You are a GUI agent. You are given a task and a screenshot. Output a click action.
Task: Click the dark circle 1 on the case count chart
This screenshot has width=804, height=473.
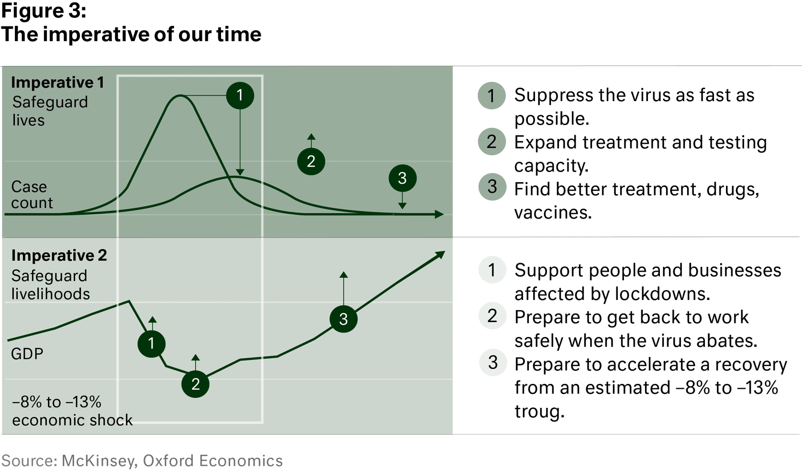240,96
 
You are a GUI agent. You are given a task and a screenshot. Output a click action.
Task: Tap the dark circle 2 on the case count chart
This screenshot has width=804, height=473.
311,162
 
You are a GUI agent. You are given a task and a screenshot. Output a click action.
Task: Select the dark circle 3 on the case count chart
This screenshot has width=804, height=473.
402,178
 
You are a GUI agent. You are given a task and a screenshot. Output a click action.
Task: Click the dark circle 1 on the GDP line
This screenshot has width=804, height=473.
151,344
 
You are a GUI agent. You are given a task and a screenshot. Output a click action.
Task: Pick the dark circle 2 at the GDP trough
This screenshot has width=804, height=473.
195,384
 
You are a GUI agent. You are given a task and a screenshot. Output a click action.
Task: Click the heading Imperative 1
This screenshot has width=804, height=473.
57,82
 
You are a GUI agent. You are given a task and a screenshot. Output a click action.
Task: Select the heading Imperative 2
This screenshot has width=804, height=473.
59,255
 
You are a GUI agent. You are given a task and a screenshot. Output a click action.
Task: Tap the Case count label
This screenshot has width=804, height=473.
32,195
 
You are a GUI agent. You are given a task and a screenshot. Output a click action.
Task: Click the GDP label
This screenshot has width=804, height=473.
27,354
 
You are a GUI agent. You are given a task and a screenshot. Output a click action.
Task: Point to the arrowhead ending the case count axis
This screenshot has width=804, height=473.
439,214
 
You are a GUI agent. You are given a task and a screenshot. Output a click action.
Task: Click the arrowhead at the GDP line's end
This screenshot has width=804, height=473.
440,255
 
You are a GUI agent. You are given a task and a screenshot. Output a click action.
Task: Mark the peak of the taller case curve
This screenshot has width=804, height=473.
180,95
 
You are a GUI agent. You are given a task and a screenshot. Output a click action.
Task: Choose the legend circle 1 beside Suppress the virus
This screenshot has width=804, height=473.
492,96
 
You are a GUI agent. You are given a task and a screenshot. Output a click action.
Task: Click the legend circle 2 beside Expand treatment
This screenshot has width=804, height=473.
492,142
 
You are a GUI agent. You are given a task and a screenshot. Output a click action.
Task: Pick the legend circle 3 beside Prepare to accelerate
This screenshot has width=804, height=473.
493,363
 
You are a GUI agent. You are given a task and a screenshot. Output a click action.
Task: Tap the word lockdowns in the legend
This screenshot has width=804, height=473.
662,294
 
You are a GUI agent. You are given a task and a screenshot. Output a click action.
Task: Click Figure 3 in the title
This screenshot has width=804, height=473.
44,11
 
